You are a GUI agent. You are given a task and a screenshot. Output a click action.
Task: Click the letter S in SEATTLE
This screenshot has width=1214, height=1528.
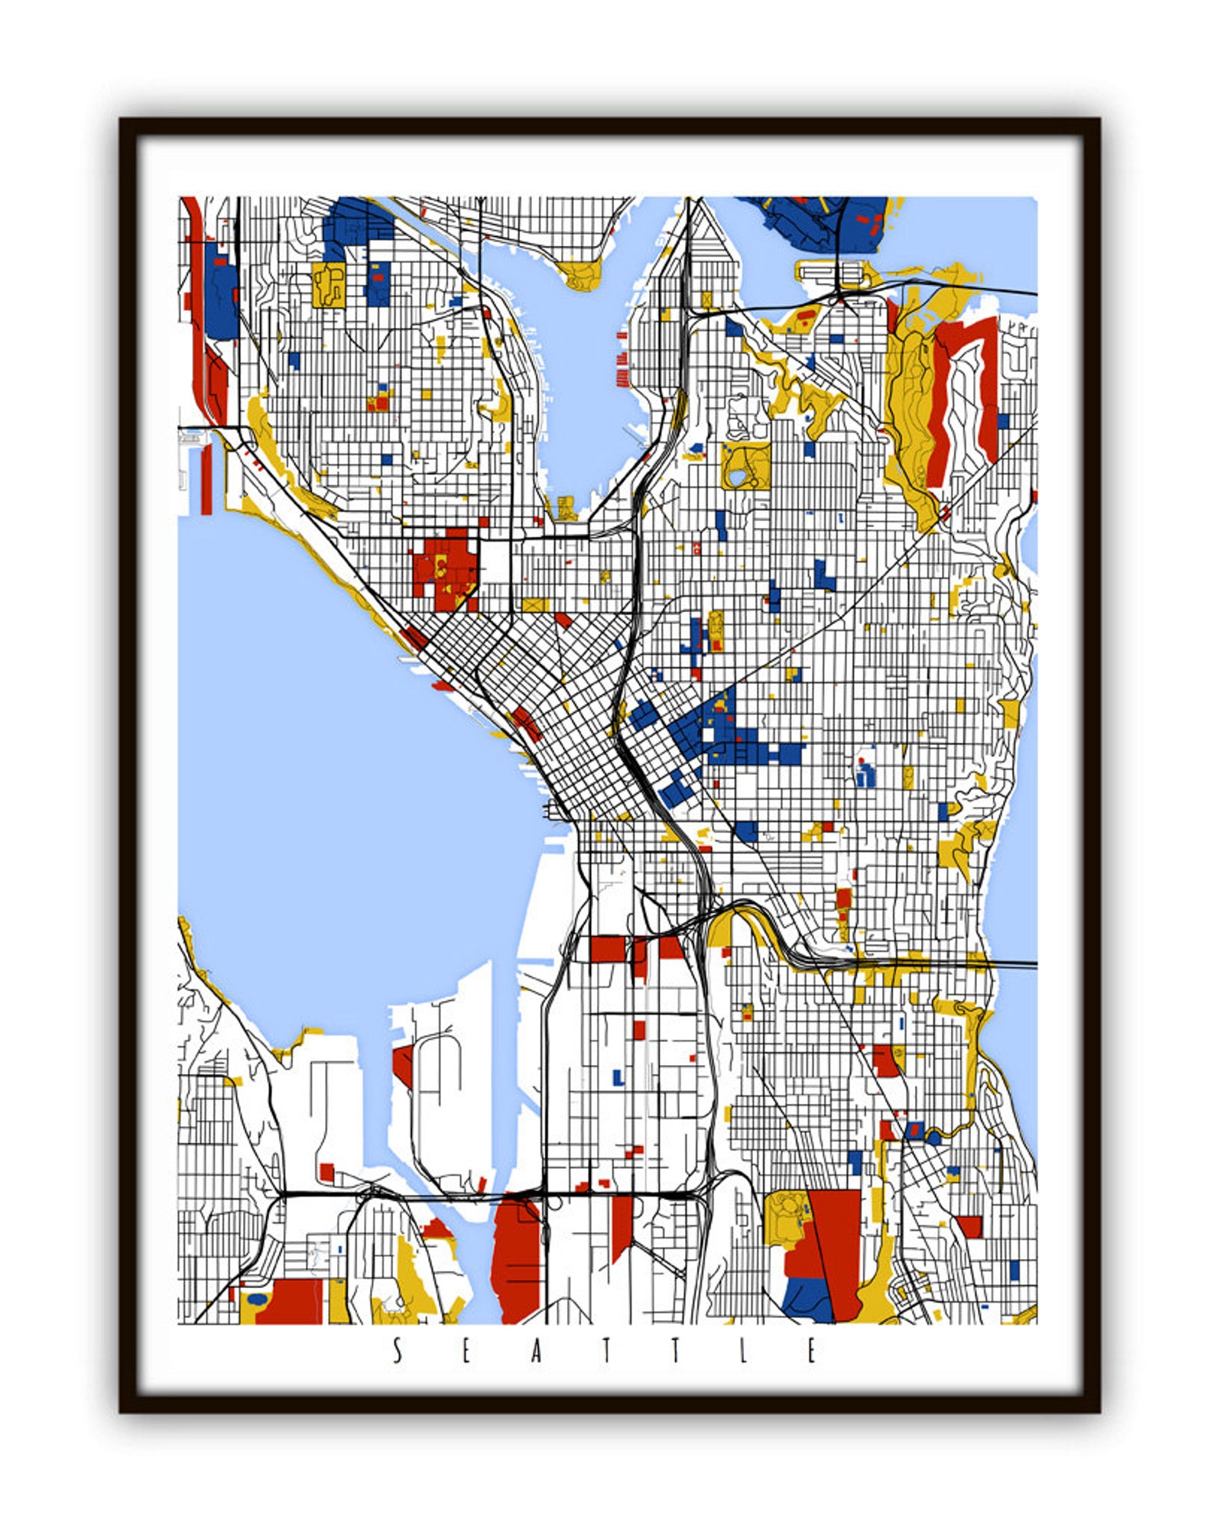[397, 1351]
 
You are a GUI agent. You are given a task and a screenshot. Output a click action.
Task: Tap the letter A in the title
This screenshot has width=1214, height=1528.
[537, 1351]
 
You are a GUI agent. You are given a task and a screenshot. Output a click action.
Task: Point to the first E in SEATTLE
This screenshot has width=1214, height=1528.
[466, 1351]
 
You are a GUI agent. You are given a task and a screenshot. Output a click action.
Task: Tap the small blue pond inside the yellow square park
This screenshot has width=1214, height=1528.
[737, 478]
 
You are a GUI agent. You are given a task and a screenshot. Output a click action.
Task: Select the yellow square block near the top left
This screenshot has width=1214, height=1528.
[328, 283]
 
